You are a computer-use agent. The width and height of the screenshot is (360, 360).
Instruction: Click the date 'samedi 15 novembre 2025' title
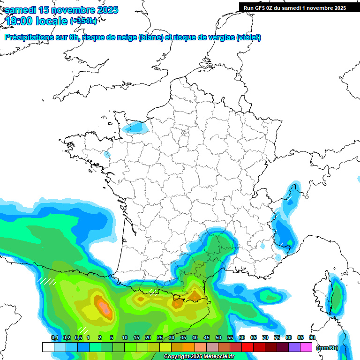coord(61,10)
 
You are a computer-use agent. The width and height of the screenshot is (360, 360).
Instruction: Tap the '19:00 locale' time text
coord(37,21)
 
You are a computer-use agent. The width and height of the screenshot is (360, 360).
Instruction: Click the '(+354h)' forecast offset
coord(83,21)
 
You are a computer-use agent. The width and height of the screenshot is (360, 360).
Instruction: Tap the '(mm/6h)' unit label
coord(327,347)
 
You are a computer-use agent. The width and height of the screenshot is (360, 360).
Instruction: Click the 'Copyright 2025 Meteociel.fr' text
coord(199,357)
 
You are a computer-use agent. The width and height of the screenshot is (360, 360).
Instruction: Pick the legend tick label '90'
coord(312,337)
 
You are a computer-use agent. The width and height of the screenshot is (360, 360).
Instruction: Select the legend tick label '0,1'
coord(54,337)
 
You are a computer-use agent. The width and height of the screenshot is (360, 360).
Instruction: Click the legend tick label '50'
coord(218,337)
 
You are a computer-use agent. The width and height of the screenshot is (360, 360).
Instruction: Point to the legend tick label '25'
coord(160,337)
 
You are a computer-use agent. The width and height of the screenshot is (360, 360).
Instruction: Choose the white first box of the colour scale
coord(48,347)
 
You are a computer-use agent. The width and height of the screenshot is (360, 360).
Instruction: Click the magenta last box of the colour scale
coord(306,347)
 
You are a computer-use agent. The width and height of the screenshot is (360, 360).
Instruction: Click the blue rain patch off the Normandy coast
coord(136,127)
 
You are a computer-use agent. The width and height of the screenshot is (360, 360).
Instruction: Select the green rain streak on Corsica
coord(336,295)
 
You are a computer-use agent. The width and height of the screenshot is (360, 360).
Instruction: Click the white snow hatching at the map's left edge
coord(47,281)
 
